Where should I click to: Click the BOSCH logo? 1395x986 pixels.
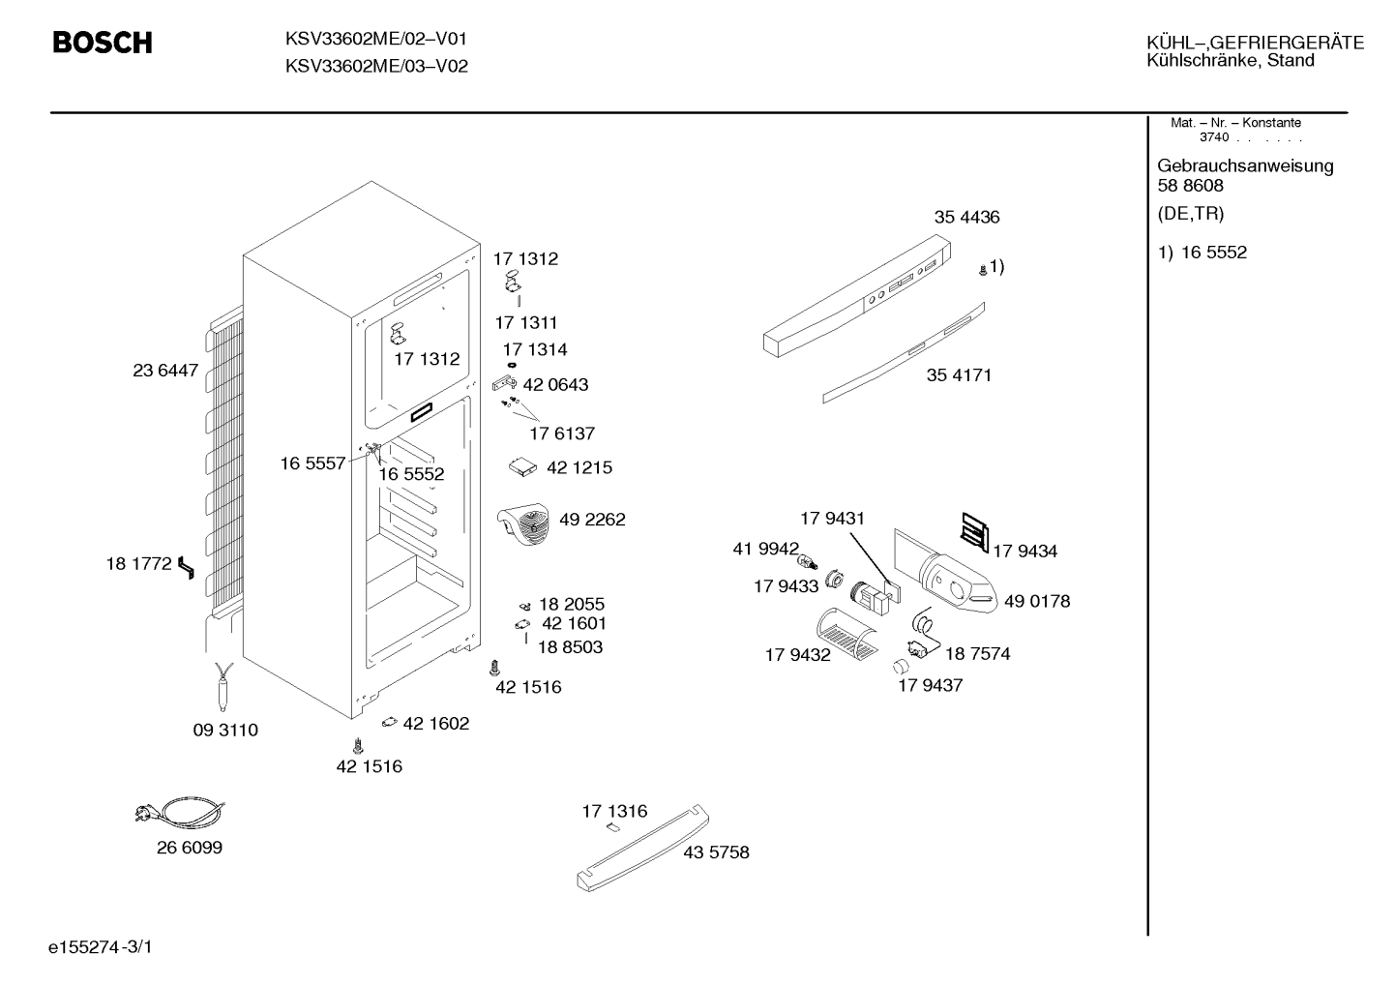(x=103, y=43)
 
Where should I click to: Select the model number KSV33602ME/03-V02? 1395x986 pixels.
(x=376, y=66)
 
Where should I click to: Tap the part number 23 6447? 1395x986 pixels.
(x=165, y=371)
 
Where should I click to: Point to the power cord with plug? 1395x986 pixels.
(x=180, y=812)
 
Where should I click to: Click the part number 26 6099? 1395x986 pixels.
(x=190, y=848)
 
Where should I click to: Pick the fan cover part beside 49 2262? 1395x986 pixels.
(x=523, y=523)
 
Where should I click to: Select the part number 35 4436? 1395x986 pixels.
(x=966, y=218)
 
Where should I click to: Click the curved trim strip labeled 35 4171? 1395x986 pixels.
(x=904, y=353)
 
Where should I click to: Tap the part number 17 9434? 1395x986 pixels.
(x=1025, y=552)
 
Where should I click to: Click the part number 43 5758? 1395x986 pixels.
(x=716, y=852)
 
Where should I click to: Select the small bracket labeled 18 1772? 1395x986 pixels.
(x=186, y=568)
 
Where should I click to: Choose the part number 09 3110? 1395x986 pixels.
(x=225, y=730)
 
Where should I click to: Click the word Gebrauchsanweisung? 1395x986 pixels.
(x=1246, y=166)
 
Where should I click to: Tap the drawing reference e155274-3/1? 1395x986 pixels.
(x=101, y=947)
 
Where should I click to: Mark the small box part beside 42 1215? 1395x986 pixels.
(x=522, y=467)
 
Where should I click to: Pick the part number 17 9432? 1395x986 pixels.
(x=798, y=655)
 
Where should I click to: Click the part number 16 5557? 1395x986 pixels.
(x=312, y=464)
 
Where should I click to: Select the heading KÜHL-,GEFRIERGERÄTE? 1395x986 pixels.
(x=1256, y=43)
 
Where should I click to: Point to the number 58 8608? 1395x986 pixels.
(x=1190, y=186)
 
